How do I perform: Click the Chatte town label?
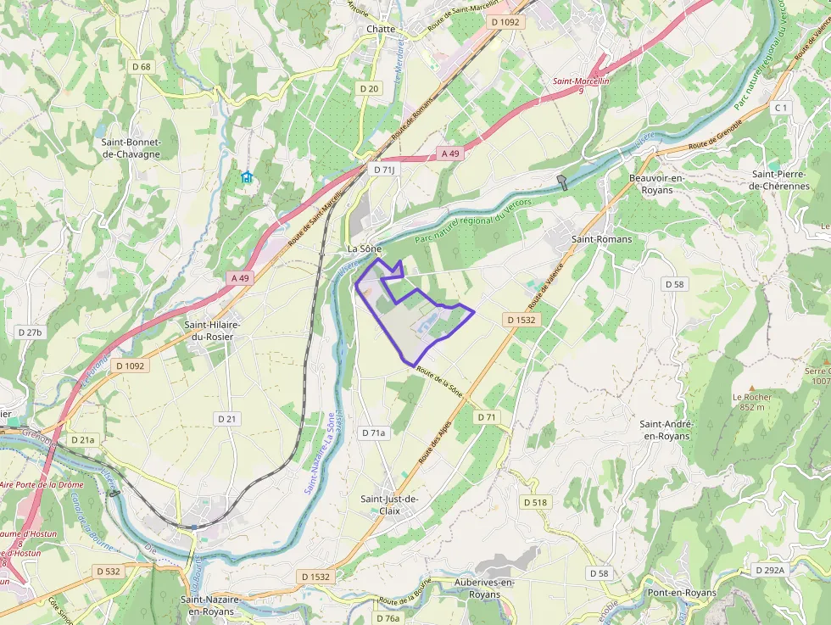381,29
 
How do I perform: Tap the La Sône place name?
365,249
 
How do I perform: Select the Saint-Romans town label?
601,239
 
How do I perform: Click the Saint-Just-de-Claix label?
389,505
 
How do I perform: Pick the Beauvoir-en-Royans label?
657,183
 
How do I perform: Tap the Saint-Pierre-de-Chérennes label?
780,180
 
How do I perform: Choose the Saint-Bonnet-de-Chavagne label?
131,148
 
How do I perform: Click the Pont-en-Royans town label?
681,593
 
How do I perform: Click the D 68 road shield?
141,66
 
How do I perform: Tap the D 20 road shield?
368,88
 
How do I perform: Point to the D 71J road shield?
385,170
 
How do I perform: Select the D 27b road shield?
29,332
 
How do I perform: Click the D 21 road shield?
226,419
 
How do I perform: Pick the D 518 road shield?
535,503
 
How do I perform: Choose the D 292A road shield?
768,570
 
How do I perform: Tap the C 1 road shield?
781,108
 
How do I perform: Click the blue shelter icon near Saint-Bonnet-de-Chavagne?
246,176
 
